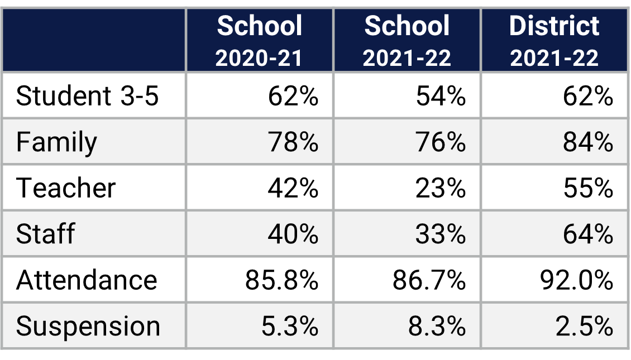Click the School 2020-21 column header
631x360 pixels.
259,41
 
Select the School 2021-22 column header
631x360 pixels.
407,41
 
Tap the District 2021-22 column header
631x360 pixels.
554,41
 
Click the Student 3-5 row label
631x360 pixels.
88,96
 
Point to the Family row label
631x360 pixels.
56,142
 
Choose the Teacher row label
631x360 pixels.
66,188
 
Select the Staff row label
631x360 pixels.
45,233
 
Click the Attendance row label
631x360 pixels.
87,280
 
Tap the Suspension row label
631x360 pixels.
88,326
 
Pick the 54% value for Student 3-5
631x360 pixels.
441,96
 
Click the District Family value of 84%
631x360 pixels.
588,142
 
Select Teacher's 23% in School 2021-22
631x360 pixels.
441,188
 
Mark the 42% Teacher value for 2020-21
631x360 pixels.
293,188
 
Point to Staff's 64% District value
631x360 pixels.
588,233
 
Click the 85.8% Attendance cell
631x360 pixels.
282,280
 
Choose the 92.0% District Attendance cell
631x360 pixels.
577,280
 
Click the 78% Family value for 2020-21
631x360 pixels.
293,142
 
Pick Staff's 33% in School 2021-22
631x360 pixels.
441,233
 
